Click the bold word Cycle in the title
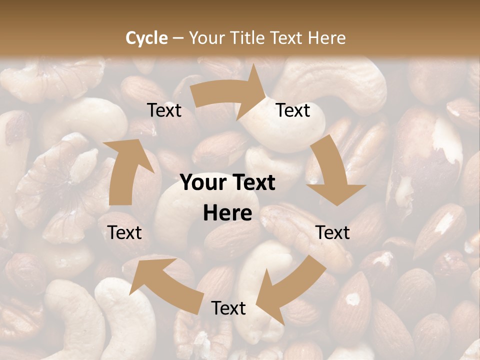[146, 37]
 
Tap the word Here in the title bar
[326, 37]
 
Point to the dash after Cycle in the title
[178, 38]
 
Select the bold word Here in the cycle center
[227, 213]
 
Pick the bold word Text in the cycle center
[252, 183]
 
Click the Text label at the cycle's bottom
[228, 308]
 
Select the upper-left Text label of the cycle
[164, 110]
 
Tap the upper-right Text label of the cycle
[293, 110]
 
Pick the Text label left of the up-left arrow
[124, 232]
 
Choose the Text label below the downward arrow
[332, 232]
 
